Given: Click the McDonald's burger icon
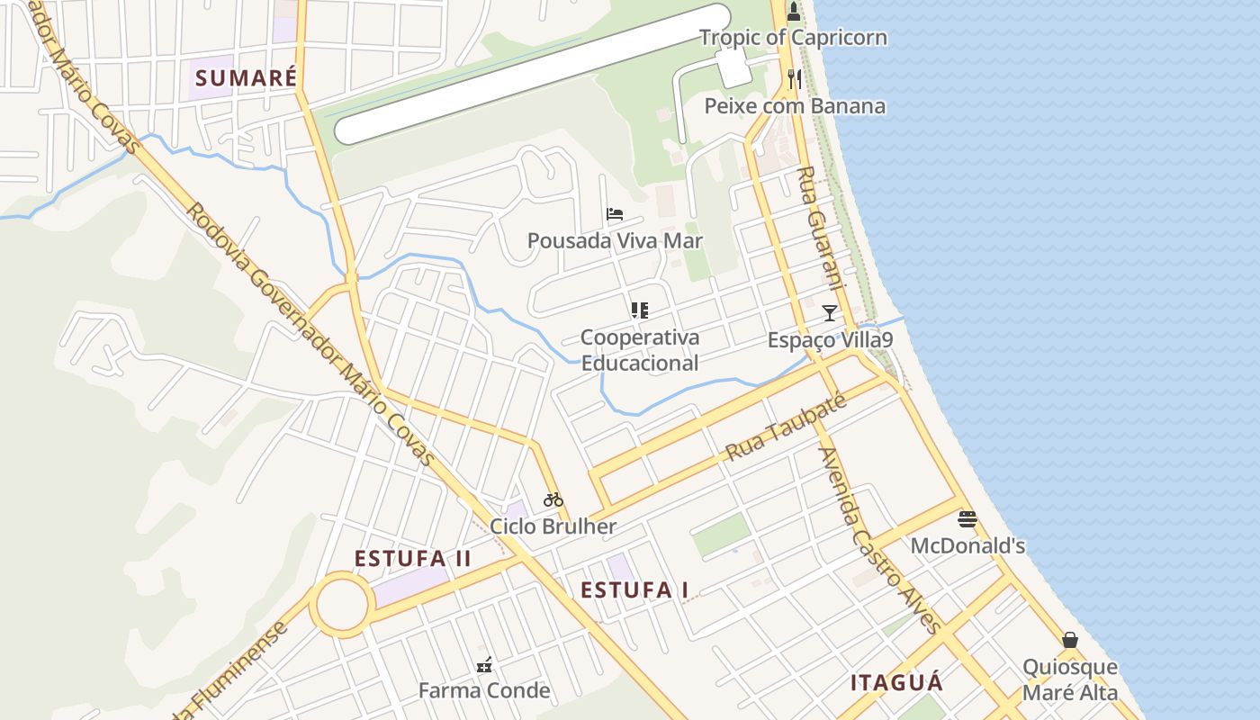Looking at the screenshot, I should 967,519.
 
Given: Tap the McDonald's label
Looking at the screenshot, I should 967,546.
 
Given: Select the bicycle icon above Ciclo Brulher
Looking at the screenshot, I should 553,499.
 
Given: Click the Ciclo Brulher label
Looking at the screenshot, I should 553,526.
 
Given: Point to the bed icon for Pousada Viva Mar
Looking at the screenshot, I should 615,214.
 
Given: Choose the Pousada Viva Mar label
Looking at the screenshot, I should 615,241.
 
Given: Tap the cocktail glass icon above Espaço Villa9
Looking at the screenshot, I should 830,313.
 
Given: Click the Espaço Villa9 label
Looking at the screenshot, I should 830,340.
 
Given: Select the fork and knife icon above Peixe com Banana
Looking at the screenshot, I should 794,79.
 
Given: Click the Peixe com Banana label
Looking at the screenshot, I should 795,106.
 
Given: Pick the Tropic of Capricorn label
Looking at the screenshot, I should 793,38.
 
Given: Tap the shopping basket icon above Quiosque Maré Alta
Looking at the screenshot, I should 1070,640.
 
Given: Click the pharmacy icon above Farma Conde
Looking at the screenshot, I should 484,665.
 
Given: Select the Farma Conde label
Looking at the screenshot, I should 484,691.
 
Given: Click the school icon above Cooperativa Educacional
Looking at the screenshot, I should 640,311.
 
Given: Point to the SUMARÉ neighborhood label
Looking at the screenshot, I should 246,77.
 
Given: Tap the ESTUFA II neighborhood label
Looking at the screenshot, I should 412,559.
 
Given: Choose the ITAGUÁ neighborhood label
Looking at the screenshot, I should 897,683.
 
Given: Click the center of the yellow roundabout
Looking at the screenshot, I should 342,605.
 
